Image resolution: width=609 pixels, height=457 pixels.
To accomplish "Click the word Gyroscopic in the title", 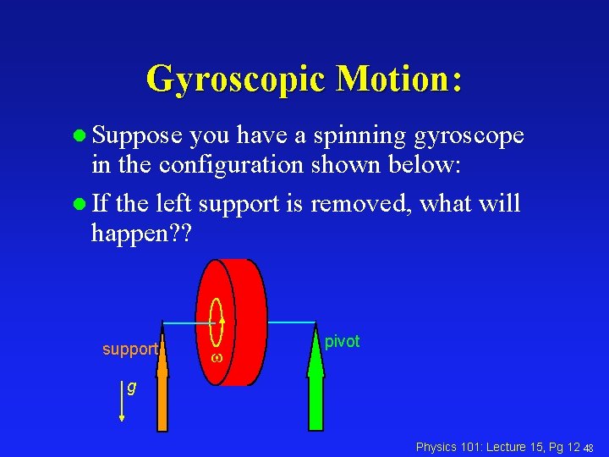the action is [235, 80].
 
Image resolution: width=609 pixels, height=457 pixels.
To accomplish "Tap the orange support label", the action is [129, 349].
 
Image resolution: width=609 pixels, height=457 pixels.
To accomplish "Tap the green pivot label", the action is [343, 341].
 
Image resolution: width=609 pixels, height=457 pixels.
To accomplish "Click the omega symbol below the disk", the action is [216, 359].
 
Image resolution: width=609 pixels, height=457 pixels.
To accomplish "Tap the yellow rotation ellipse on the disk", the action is [217, 322].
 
